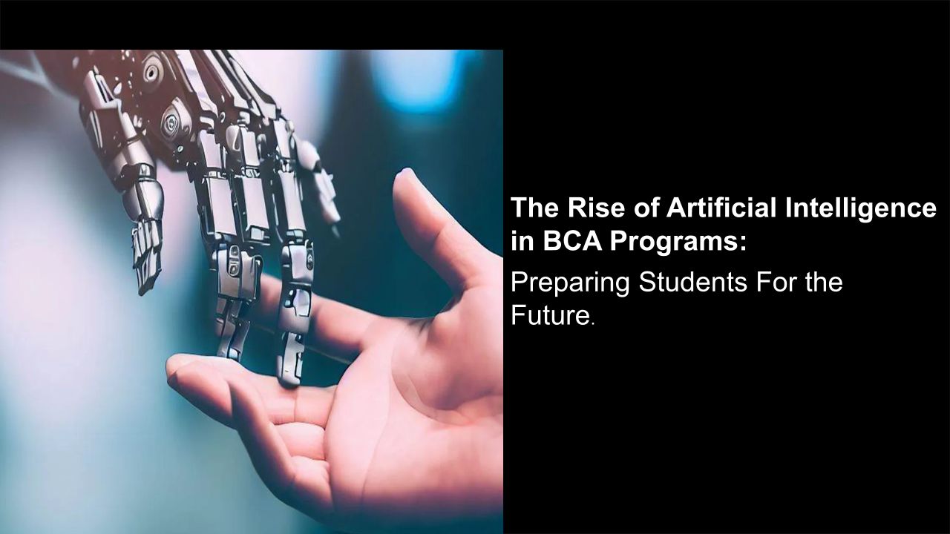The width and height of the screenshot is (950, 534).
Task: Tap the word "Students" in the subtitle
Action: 692,282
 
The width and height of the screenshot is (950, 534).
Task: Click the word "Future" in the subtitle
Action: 550,315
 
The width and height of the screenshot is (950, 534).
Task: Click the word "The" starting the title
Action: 535,208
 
